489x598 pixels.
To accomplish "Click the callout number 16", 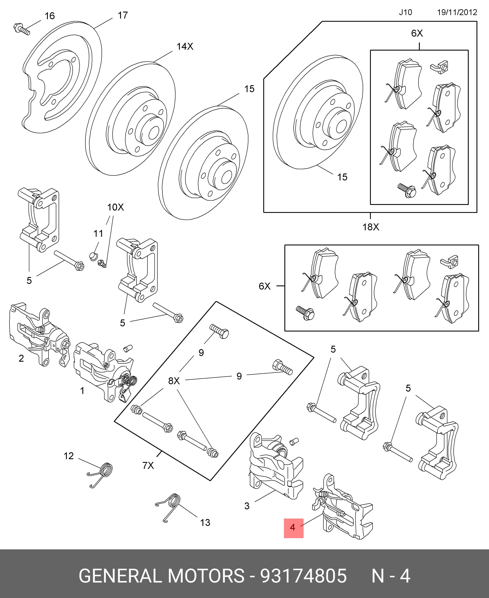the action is (x=50, y=16).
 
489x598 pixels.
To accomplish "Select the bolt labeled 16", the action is (x=22, y=29).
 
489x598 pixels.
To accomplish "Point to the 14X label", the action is (x=185, y=46).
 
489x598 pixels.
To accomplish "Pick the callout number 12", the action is (x=68, y=456).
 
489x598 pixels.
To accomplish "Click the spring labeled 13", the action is (x=168, y=509).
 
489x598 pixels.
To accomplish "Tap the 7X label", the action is (x=148, y=466).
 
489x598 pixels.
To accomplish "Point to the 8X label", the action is (x=174, y=381).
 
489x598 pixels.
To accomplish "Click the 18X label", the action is (x=371, y=227).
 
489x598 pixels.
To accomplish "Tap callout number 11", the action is (x=98, y=234).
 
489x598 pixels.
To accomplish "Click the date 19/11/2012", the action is (x=457, y=12).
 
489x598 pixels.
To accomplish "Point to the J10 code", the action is (x=405, y=12).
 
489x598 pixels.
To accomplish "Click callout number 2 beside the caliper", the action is (x=21, y=358).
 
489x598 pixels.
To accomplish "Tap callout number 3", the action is (x=247, y=506).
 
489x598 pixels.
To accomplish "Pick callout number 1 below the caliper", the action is (x=82, y=391).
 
